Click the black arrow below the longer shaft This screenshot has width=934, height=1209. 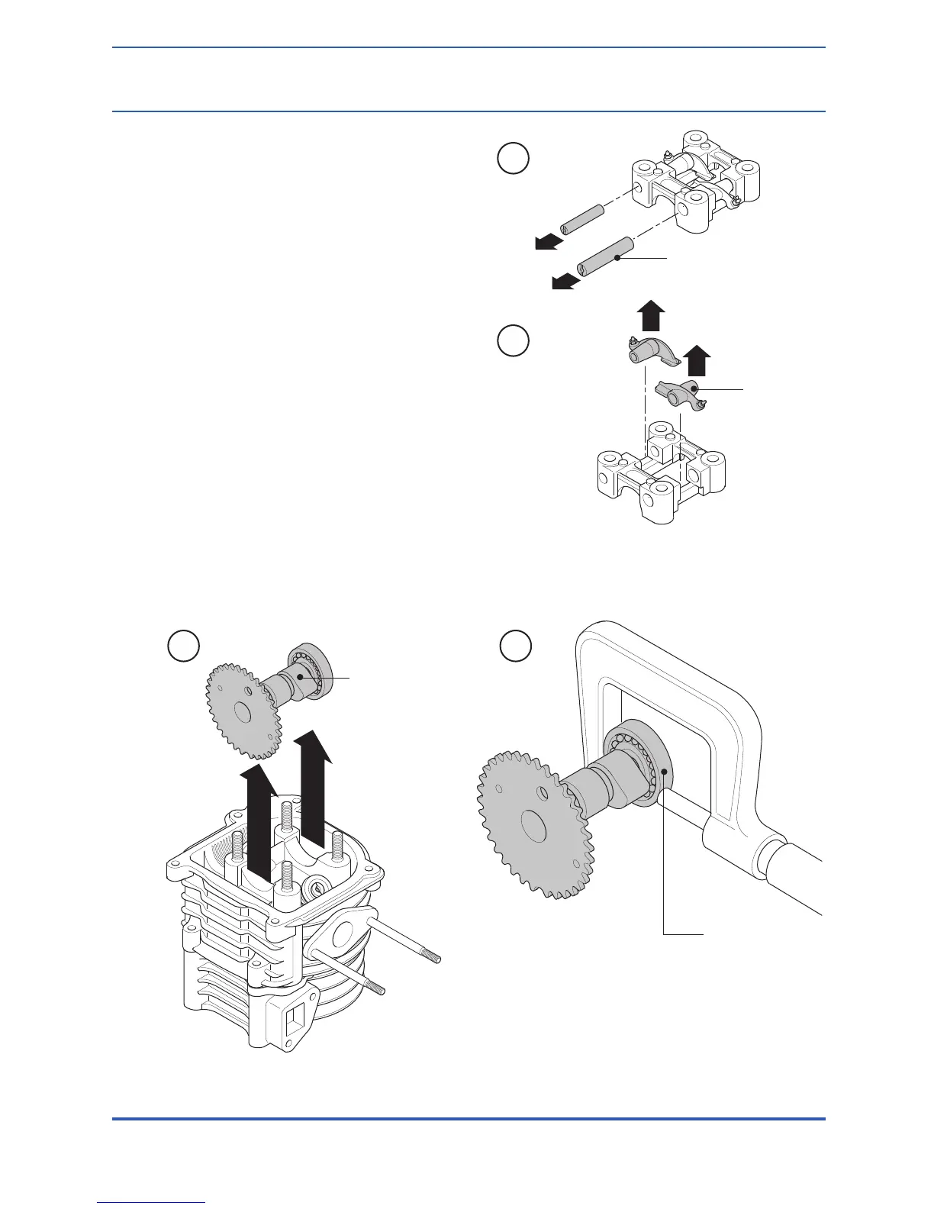[565, 283]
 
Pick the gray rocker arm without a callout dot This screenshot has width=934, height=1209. [648, 352]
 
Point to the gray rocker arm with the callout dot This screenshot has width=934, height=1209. [678, 393]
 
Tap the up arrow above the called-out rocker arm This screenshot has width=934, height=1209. [696, 361]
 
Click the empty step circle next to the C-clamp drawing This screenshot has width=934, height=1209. [517, 646]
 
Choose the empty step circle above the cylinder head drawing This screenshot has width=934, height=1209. [183, 646]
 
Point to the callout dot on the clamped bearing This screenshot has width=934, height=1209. [665, 772]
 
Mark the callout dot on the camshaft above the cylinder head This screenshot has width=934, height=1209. [301, 676]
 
